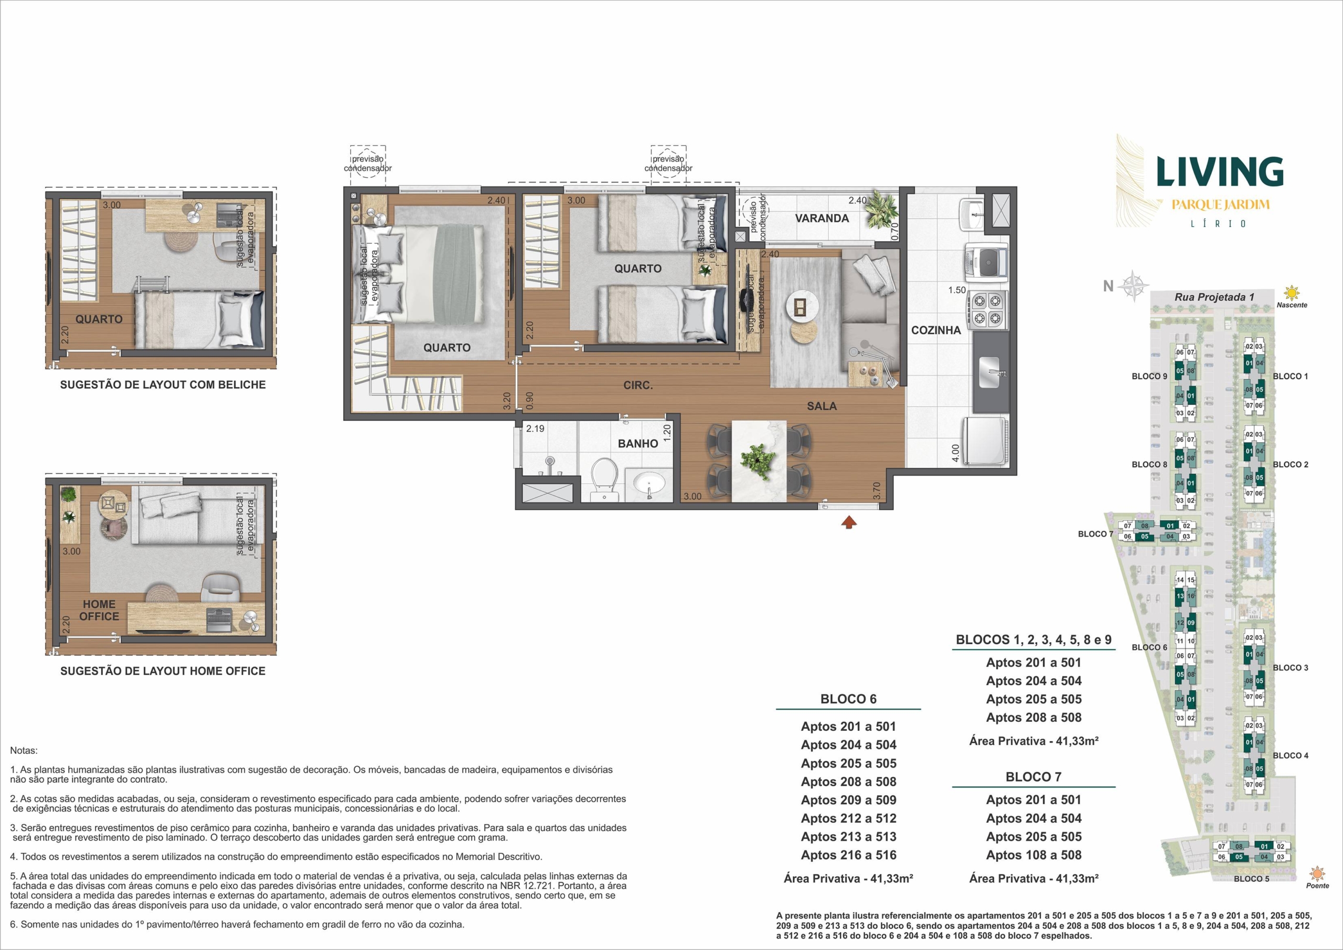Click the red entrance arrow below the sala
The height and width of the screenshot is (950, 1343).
click(849, 522)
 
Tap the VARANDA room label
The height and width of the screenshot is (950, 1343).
click(822, 218)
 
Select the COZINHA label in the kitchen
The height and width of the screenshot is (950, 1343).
click(936, 330)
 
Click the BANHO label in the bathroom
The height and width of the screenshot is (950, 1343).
click(637, 444)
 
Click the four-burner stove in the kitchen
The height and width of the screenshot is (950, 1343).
click(988, 310)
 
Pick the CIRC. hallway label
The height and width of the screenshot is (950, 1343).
click(637, 386)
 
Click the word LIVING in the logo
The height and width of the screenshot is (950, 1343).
click(1220, 172)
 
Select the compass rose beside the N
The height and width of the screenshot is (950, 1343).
click(1133, 286)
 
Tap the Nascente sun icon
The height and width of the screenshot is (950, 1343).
click(1292, 293)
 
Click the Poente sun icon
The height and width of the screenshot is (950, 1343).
click(1317, 874)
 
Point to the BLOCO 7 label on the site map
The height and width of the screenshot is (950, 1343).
click(1095, 534)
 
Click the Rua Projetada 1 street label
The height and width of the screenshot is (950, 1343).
click(1214, 297)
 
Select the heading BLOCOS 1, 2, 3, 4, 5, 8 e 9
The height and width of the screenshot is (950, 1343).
click(1033, 640)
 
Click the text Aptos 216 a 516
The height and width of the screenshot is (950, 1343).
click(849, 855)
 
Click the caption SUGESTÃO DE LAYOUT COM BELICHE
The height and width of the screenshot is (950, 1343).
click(163, 385)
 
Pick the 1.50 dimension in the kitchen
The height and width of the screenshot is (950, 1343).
click(957, 290)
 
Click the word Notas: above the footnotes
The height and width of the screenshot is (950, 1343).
click(24, 751)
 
